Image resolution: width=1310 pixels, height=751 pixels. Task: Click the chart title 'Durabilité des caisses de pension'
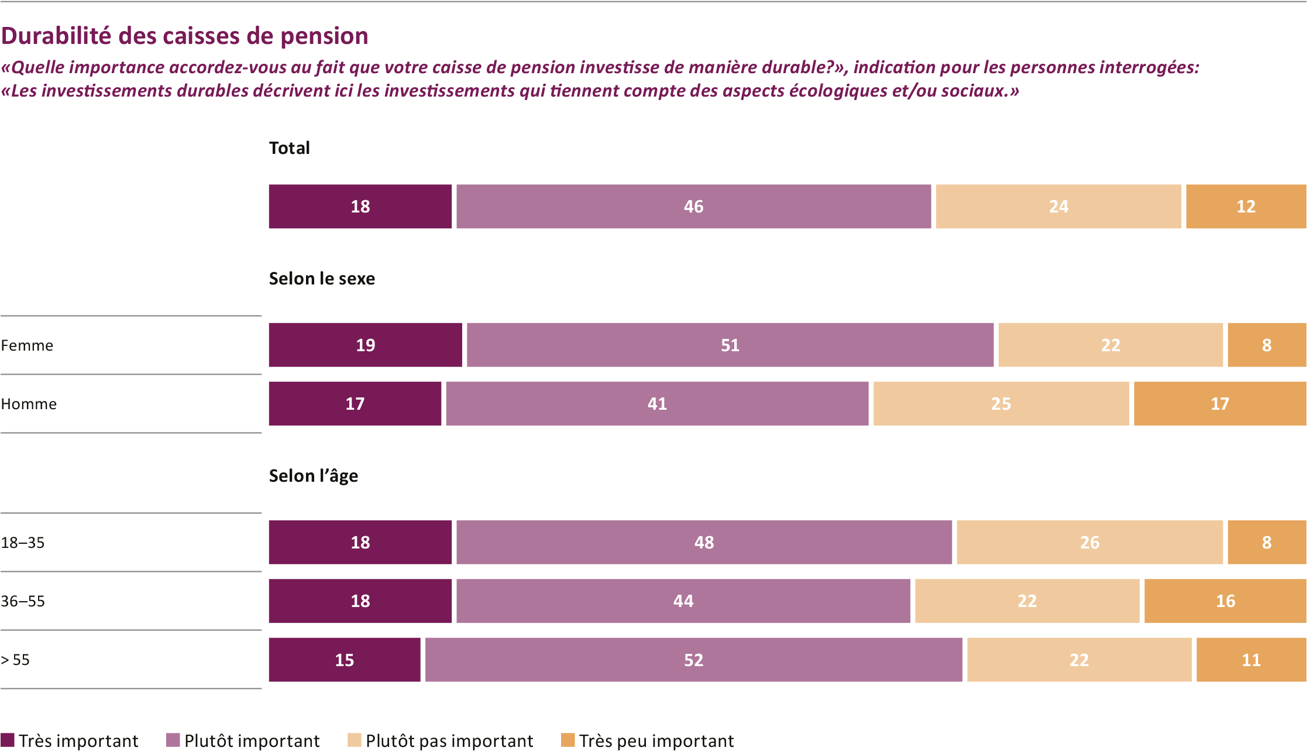point(185,36)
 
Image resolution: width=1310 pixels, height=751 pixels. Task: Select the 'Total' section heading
point(289,148)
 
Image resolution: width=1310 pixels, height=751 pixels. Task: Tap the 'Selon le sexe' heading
point(322,279)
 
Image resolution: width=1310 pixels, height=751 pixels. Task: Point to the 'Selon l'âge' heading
point(313,476)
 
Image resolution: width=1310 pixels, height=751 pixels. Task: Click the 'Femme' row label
point(27,345)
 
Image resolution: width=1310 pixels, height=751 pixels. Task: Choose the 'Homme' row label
point(29,404)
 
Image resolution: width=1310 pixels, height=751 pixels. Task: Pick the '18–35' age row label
point(23,543)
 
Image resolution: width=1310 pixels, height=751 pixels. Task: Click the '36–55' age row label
point(23,601)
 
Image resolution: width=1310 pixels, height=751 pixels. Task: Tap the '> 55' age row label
point(15,660)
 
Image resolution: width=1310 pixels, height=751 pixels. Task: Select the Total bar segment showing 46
point(693,207)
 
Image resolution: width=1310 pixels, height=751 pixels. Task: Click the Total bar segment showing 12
point(1246,207)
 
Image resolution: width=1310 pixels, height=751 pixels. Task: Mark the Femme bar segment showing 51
point(730,345)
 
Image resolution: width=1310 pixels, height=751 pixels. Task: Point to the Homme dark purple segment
point(355,404)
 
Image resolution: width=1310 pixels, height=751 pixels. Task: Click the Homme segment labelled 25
point(1000,404)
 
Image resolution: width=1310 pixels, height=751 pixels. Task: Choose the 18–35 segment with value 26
point(1089,543)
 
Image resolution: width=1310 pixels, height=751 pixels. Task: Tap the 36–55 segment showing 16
point(1225,601)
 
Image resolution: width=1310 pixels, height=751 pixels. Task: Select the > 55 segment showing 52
point(693,660)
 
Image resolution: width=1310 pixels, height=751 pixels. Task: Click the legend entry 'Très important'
point(70,740)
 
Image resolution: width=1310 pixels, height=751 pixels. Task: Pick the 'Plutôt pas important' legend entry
point(441,740)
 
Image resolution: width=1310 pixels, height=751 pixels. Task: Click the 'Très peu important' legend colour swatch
point(568,740)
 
